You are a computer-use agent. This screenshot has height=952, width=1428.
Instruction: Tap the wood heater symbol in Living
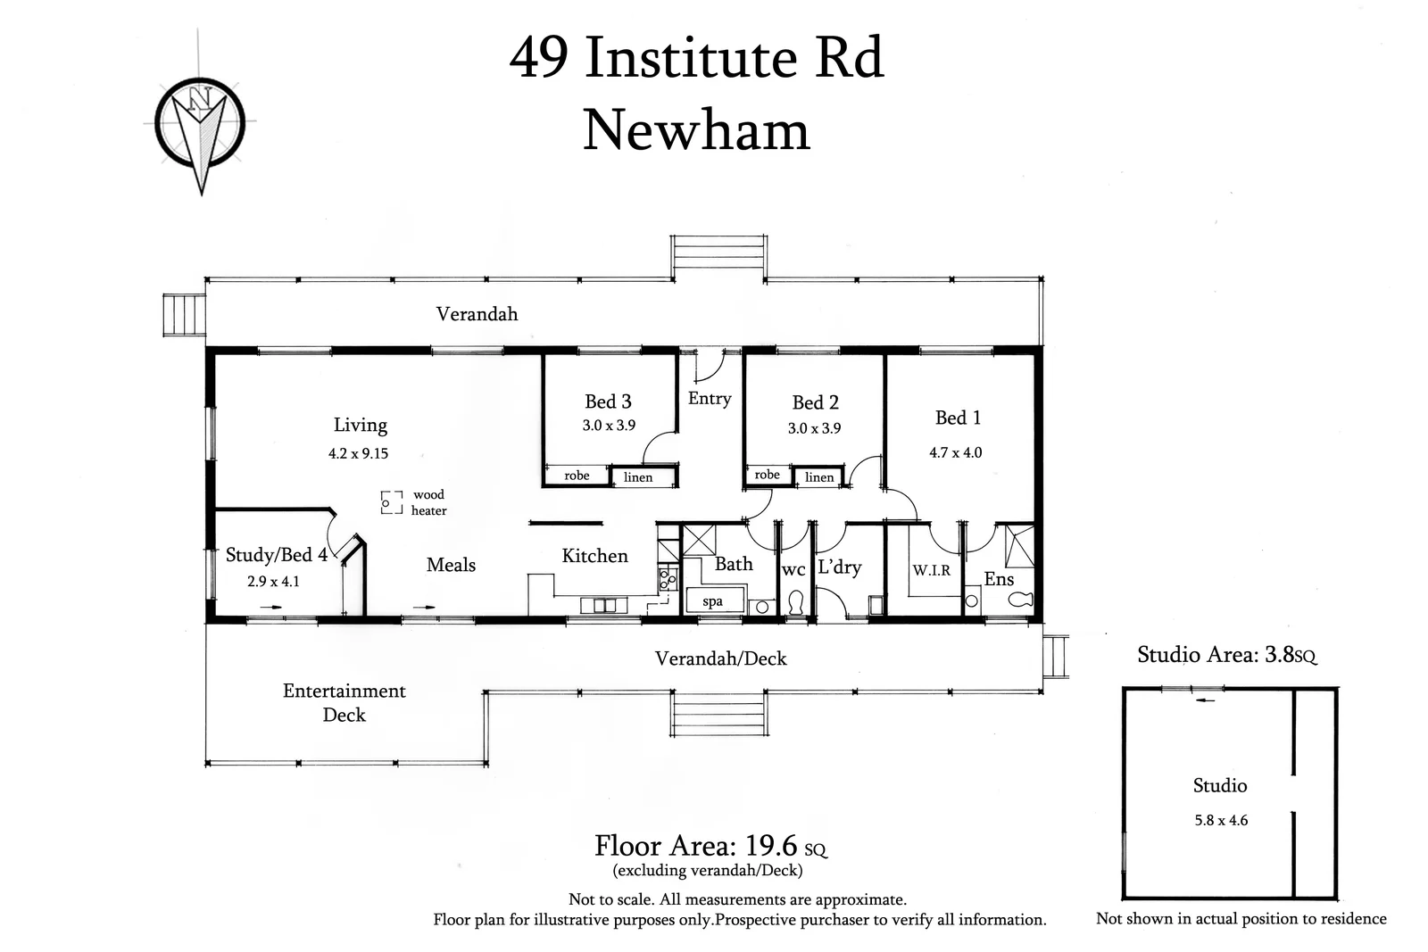pyautogui.click(x=392, y=502)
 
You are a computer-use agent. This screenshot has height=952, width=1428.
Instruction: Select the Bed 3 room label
pyautogui.click(x=608, y=401)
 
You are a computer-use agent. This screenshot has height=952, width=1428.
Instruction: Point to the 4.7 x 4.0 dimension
pyautogui.click(x=956, y=452)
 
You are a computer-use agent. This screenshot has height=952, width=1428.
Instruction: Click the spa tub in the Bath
pyautogui.click(x=715, y=600)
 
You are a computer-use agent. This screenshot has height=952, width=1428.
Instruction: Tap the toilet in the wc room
pyautogui.click(x=795, y=602)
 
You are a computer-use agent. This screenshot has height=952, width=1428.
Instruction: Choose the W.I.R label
pyautogui.click(x=932, y=570)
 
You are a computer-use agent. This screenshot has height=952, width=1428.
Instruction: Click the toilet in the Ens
pyautogui.click(x=1020, y=599)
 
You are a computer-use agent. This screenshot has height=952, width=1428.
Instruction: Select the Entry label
pyautogui.click(x=710, y=399)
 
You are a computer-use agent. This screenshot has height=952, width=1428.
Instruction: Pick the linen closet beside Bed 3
pyautogui.click(x=642, y=476)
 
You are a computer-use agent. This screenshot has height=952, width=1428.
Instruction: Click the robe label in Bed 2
pyautogui.click(x=767, y=475)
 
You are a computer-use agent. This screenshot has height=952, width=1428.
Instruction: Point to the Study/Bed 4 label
pyautogui.click(x=277, y=555)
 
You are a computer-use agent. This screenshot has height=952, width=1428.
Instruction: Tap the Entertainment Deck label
pyautogui.click(x=345, y=703)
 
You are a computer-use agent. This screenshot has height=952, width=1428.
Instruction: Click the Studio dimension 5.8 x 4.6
pyautogui.click(x=1221, y=820)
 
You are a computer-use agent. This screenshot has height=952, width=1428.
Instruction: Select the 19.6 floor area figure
pyautogui.click(x=771, y=846)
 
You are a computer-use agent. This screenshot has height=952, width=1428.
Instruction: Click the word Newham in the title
pyautogui.click(x=696, y=130)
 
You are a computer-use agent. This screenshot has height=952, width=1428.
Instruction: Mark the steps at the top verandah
pyautogui.click(x=718, y=257)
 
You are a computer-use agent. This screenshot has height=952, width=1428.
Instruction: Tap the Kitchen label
pyautogui.click(x=594, y=556)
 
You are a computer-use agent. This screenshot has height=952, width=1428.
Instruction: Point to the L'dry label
pyautogui.click(x=840, y=567)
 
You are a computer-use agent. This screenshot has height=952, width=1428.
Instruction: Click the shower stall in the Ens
pyautogui.click(x=1020, y=546)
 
